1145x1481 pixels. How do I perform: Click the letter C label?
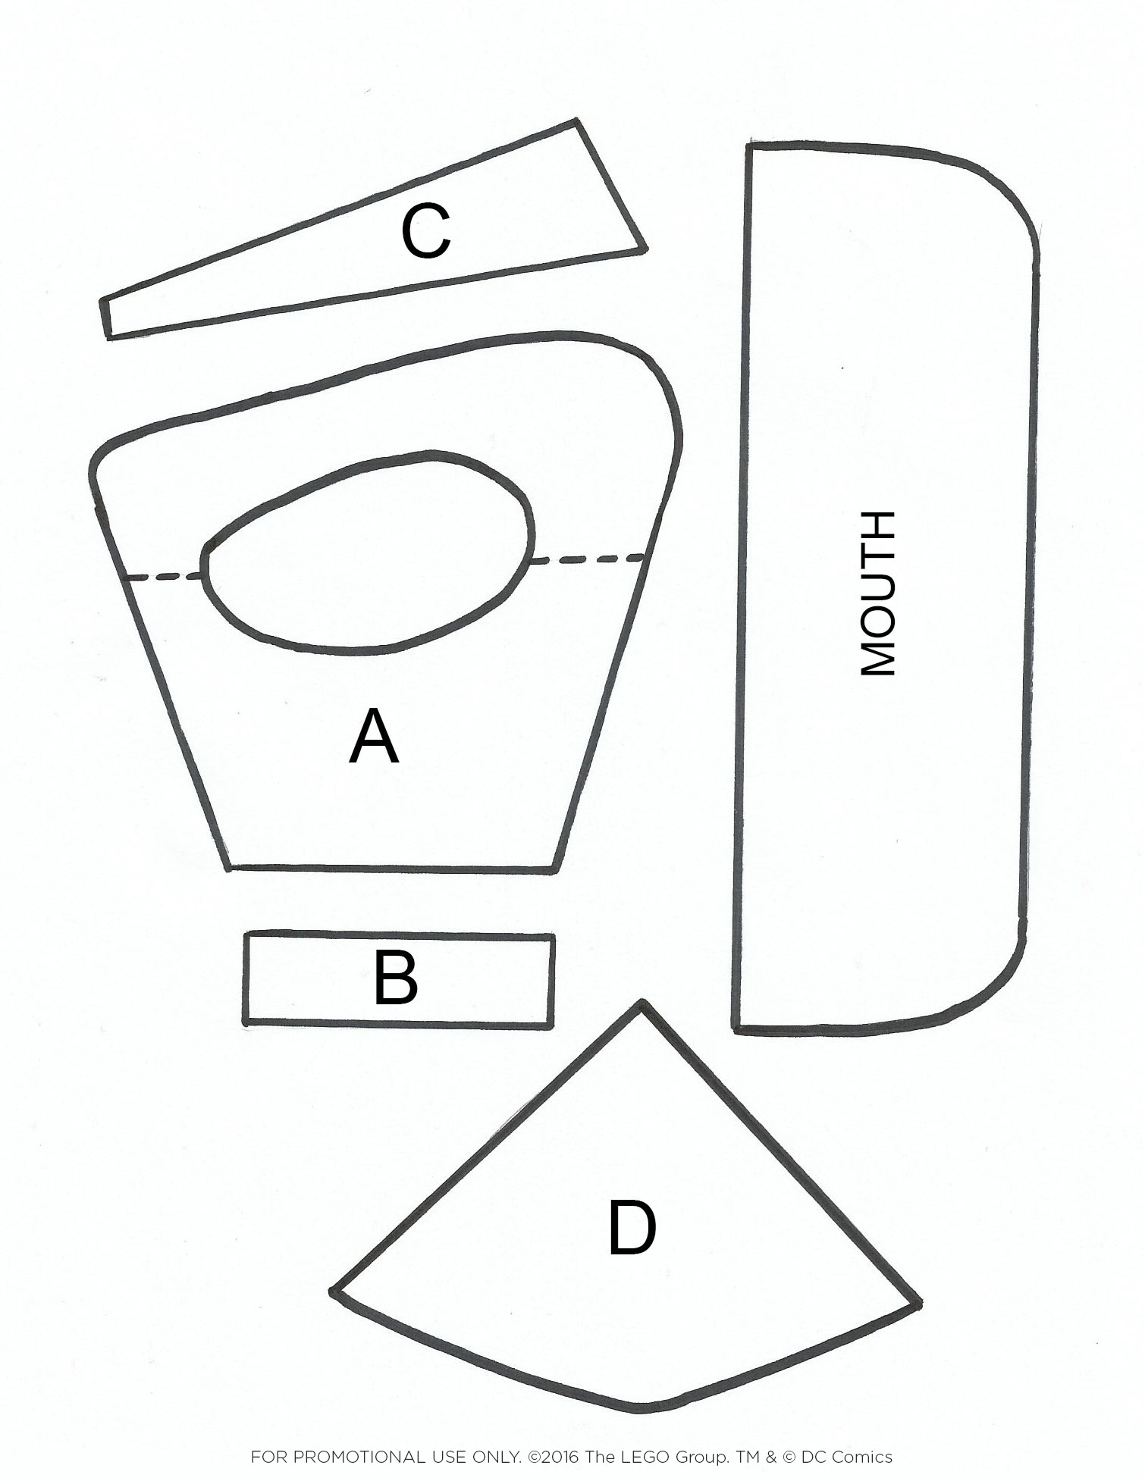[425, 231]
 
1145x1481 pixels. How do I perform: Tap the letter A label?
[373, 737]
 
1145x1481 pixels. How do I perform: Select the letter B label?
[395, 978]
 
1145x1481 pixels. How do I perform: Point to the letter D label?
[632, 1228]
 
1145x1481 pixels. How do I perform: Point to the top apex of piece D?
[642, 1007]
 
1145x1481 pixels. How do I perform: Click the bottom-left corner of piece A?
[231, 866]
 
